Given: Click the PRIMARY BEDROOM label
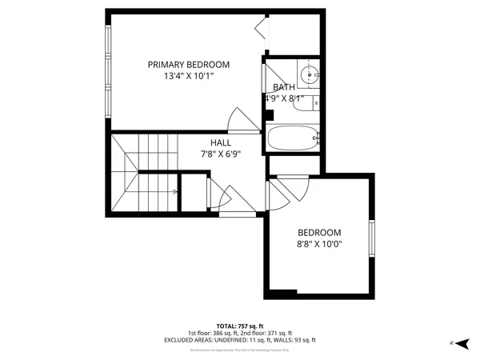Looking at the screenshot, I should [x=188, y=65].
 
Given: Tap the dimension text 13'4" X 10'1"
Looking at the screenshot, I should [x=188, y=77].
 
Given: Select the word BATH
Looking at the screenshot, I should [x=283, y=88].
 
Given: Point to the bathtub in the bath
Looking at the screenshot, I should [x=293, y=138].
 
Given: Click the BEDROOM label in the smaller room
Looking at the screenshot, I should [x=319, y=233].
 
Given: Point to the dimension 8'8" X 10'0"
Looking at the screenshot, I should [x=319, y=246].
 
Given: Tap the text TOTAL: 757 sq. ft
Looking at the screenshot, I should [x=240, y=326].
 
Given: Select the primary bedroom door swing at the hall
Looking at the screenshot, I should [x=238, y=122].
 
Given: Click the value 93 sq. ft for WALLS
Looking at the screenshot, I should [x=304, y=340].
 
